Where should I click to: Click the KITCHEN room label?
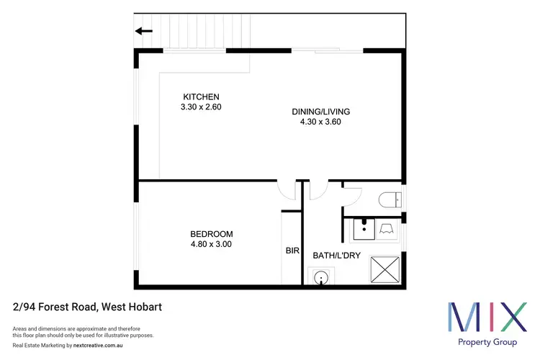coord(201,97)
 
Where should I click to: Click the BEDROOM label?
coord(212,234)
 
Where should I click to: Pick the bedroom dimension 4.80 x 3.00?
coord(212,244)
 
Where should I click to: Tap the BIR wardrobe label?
coord(292,251)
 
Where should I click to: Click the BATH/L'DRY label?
coord(336,255)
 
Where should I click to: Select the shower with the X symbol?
coord(384,269)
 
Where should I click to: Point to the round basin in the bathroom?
coord(320,277)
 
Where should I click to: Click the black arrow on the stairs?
coord(144,30)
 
